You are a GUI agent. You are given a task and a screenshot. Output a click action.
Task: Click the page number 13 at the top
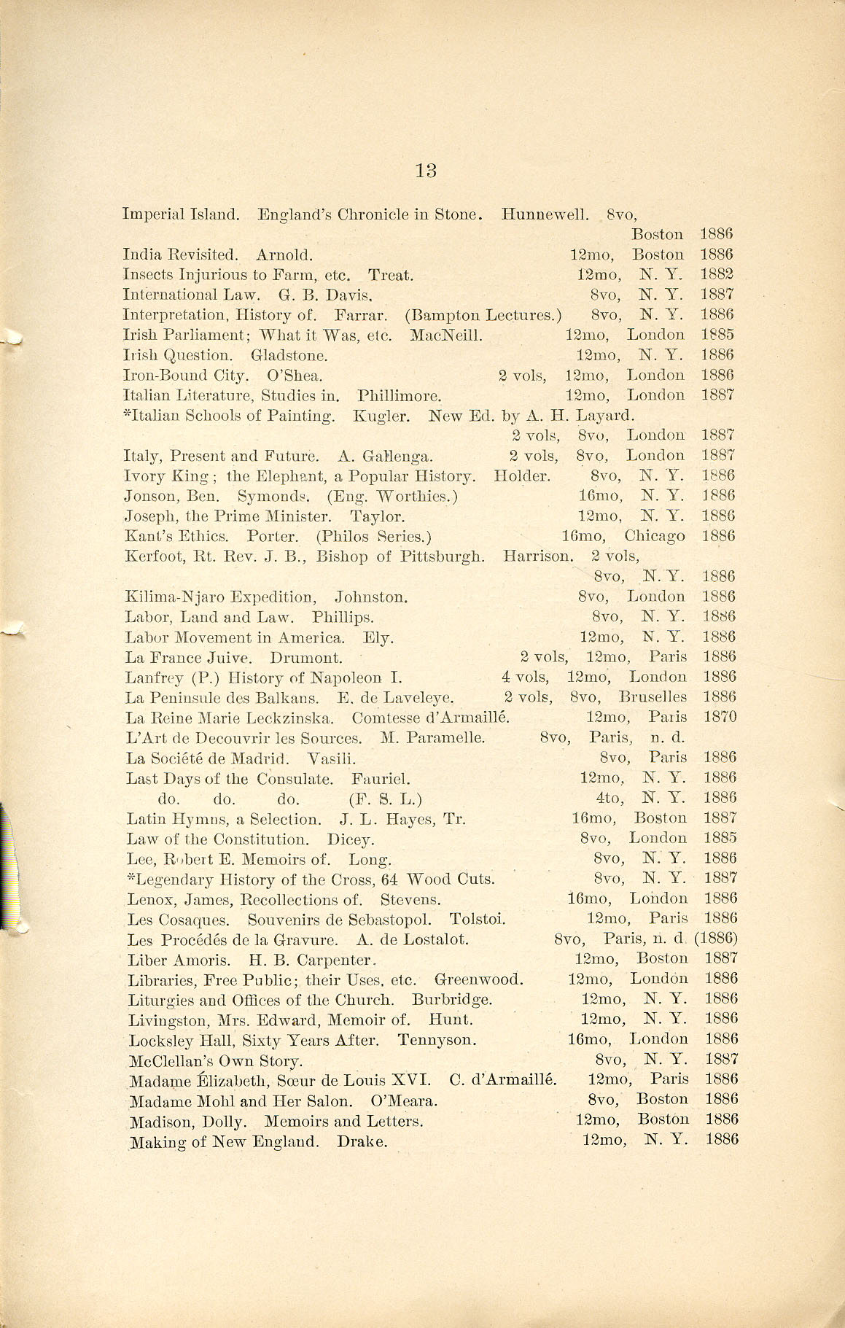[x=426, y=171]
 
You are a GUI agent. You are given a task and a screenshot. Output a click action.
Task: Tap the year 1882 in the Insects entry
[x=717, y=275]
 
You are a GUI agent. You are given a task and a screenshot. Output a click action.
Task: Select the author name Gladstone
[x=289, y=355]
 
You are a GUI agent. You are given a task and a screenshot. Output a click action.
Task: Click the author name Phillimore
[x=400, y=395]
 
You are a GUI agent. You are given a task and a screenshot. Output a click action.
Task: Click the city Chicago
[x=655, y=536]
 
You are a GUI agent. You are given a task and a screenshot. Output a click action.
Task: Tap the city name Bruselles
[x=653, y=696]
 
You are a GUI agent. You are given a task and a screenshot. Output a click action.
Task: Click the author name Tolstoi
[x=477, y=919]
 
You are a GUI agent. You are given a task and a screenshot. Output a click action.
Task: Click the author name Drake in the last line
[x=362, y=1141]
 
